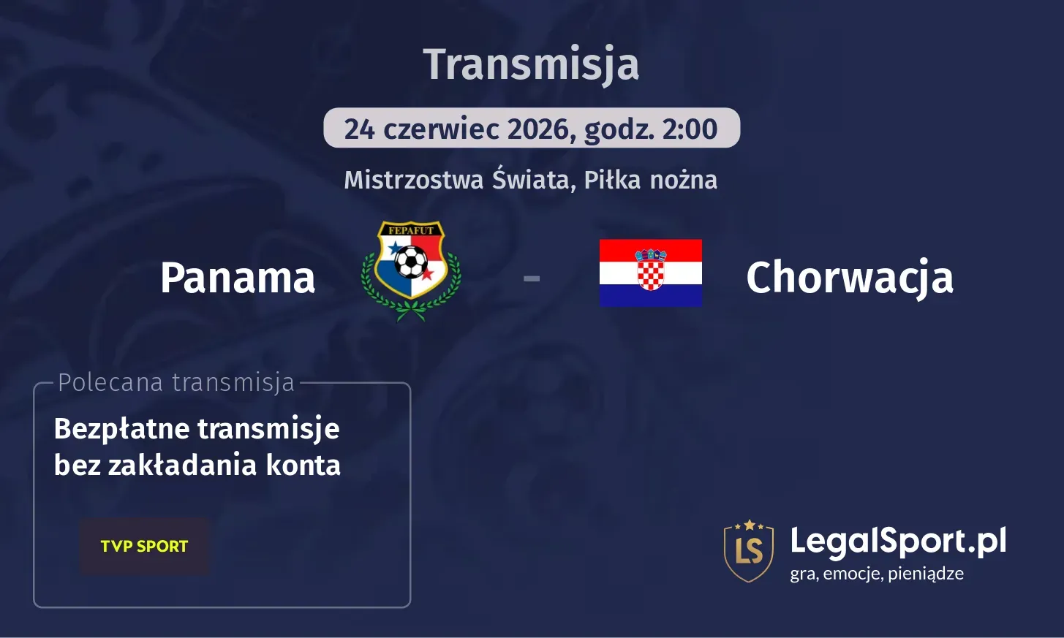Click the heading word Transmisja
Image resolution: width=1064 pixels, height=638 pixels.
point(531,64)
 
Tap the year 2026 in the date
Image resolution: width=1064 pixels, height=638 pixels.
point(538,129)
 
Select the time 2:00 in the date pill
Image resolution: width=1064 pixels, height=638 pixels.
point(690,129)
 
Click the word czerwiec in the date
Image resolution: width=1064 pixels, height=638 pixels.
point(441,129)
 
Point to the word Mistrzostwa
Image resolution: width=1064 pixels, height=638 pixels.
point(414,180)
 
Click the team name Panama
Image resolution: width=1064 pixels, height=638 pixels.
point(238,278)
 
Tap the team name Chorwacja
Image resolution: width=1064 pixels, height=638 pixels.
point(850,278)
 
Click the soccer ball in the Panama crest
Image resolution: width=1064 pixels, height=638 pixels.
point(411,262)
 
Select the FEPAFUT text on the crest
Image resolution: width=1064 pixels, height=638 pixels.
point(411,230)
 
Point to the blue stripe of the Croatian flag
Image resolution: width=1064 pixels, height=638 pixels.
point(651,295)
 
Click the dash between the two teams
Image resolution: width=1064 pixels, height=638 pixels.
point(532,278)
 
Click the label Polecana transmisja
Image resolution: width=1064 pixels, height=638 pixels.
point(176,382)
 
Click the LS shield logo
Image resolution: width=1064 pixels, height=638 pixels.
point(749,550)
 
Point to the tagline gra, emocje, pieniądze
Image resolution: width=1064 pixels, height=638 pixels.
point(877,574)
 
